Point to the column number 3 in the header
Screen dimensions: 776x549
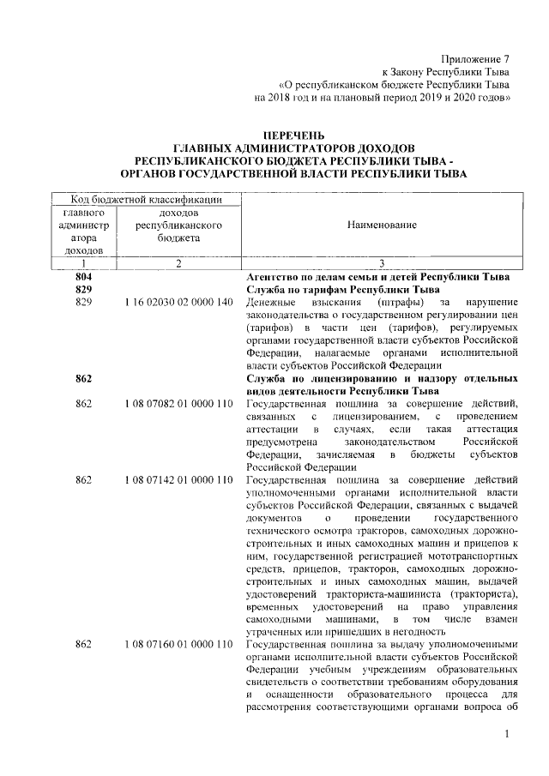[x=382, y=264]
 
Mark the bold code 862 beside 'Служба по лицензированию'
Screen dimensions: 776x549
[x=84, y=378]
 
